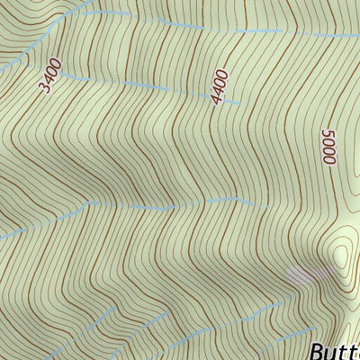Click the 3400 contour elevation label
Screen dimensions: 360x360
point(49,76)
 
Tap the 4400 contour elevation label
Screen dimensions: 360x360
point(220,87)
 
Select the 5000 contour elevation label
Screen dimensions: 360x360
point(328,147)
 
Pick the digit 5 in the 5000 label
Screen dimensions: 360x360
point(327,132)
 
